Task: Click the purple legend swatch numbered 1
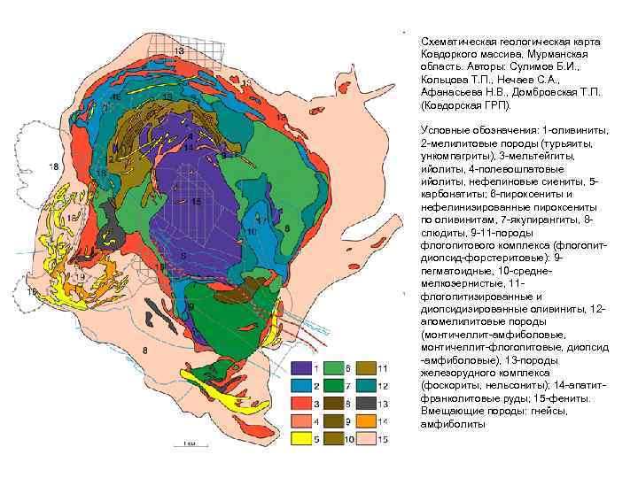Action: tap(300, 367)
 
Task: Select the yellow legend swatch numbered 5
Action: tap(300, 437)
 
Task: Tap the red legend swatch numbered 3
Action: tap(300, 403)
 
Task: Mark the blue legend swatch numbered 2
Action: tap(300, 385)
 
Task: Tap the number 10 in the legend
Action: tap(349, 438)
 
